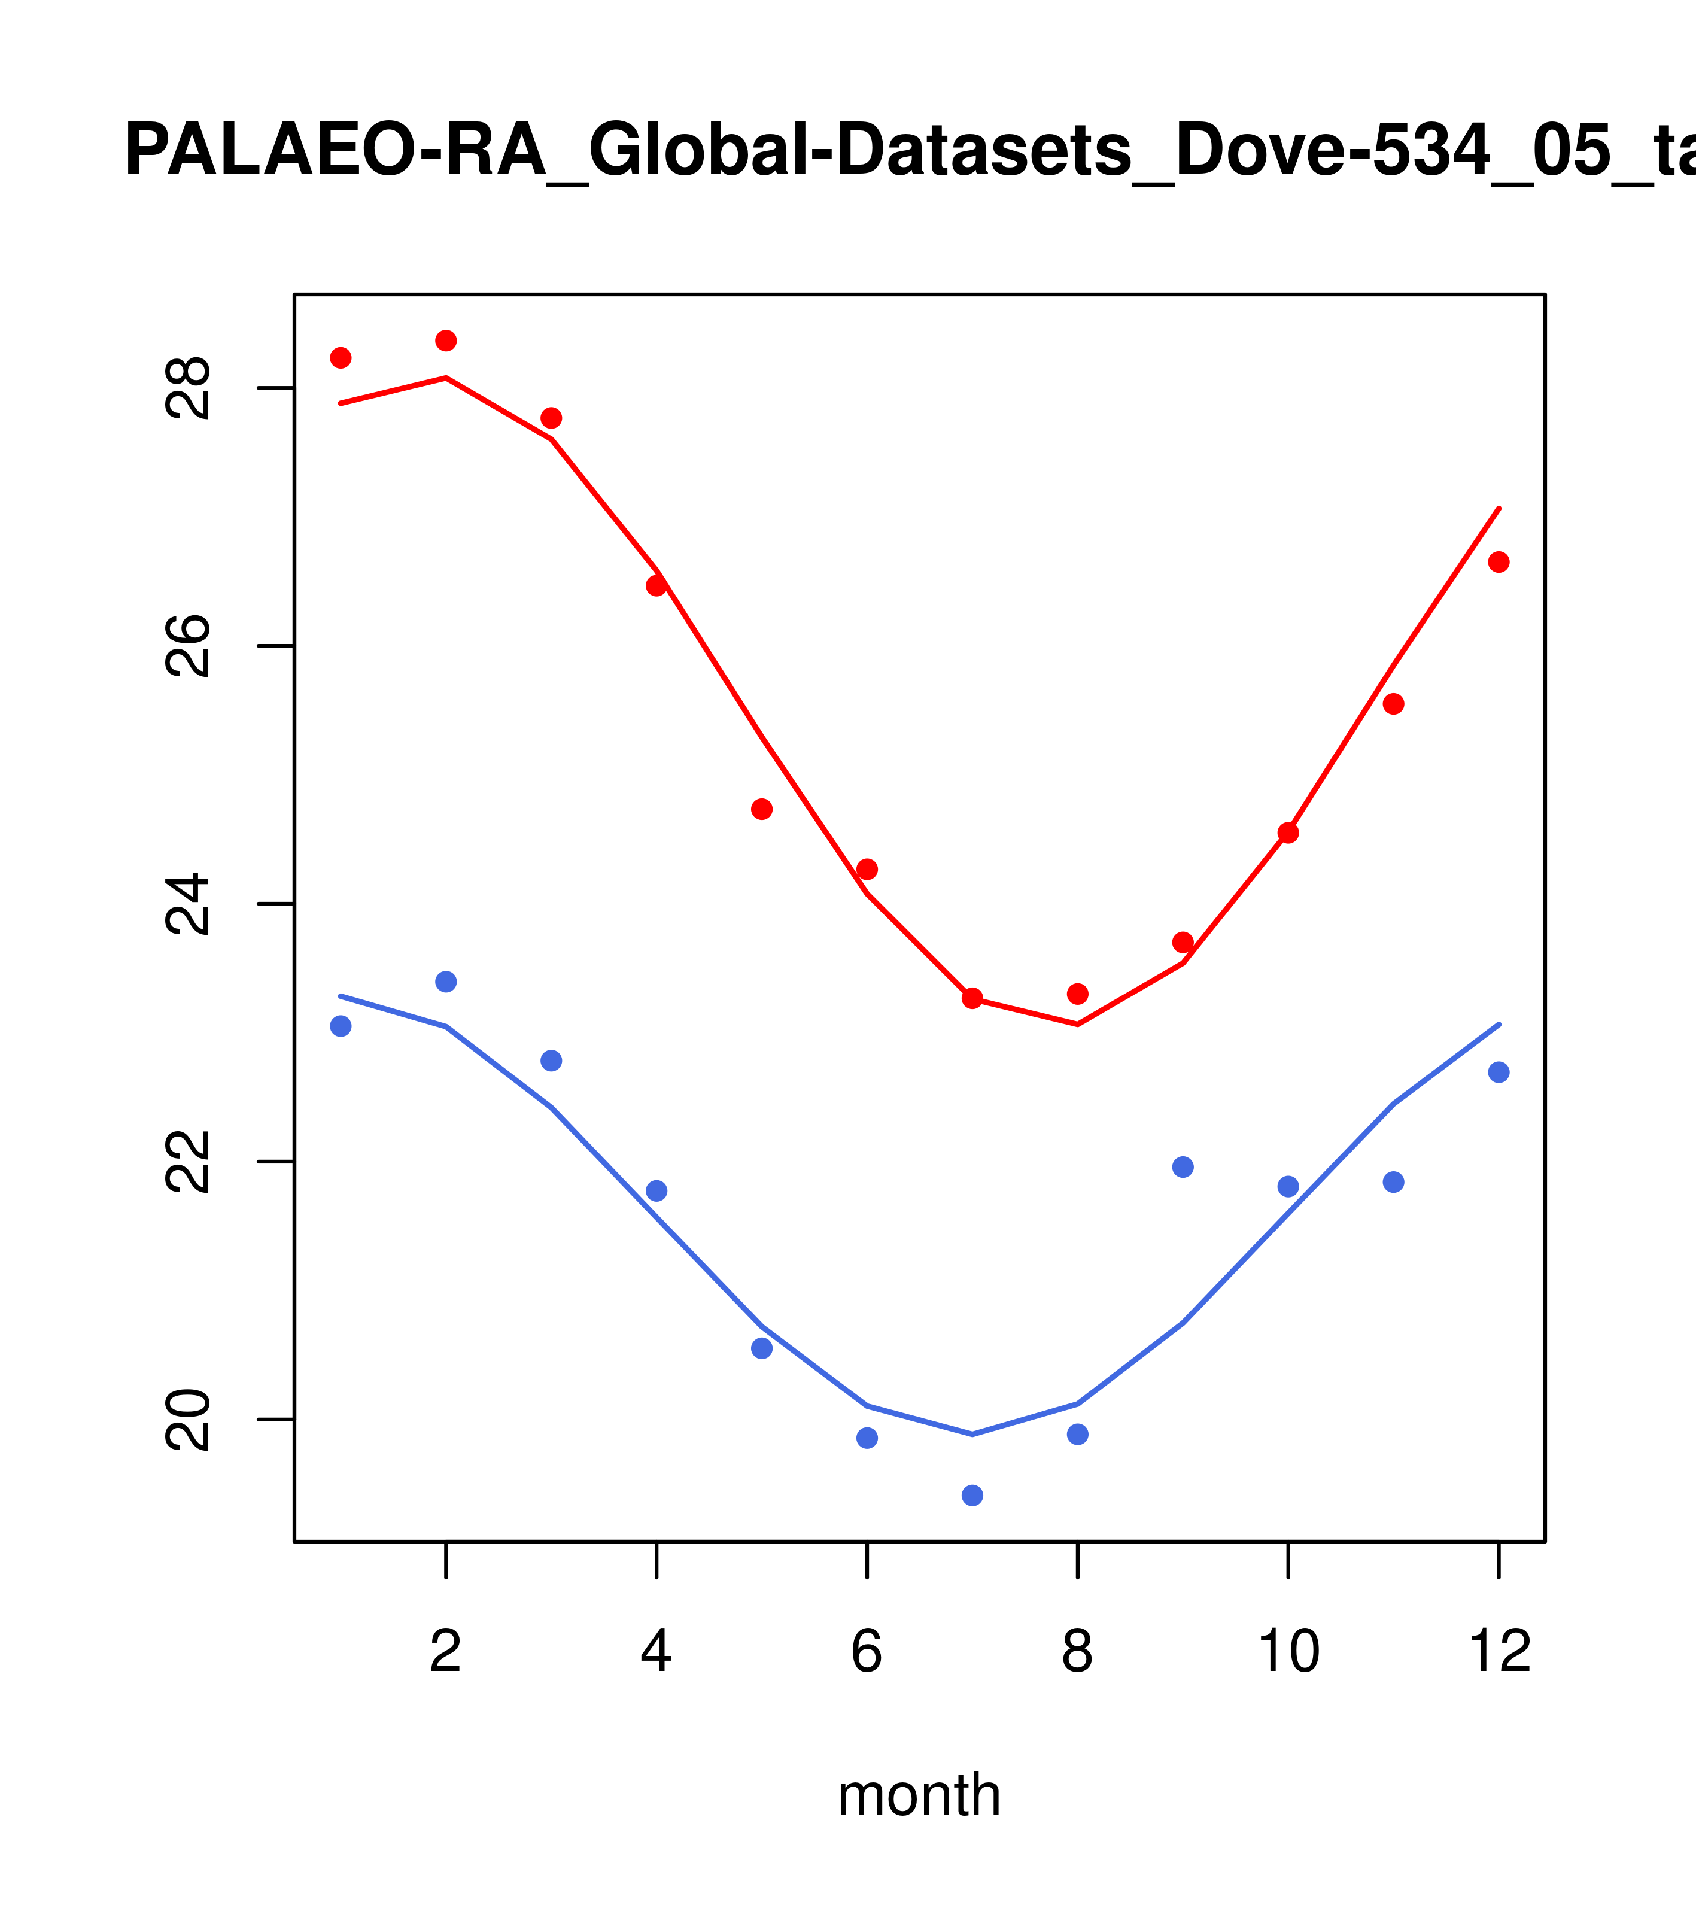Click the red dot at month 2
click(446, 341)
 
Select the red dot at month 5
click(762, 809)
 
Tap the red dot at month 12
click(1498, 562)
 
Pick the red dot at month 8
click(1077, 994)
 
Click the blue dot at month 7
click(972, 1496)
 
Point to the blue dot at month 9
click(1183, 1167)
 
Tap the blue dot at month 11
click(1393, 1182)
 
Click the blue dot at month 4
click(656, 1190)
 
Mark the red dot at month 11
click(1393, 704)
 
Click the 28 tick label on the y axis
click(187, 388)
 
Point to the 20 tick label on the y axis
click(187, 1420)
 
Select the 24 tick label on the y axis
click(187, 904)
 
